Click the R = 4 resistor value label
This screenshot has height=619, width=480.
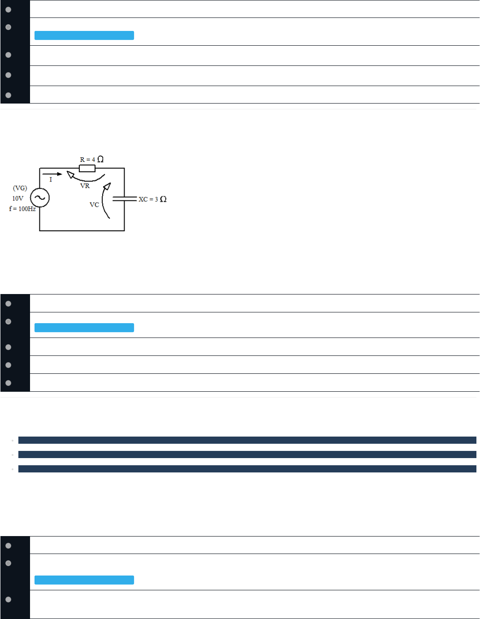tap(87, 160)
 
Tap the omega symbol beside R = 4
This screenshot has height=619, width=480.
tap(100, 159)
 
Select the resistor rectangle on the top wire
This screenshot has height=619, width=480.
tap(87, 169)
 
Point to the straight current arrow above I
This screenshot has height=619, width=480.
tap(52, 174)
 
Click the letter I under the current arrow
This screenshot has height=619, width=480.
tap(51, 179)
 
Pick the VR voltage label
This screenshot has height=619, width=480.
tap(85, 186)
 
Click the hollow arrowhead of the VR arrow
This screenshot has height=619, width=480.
tap(70, 174)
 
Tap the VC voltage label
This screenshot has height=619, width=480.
tap(94, 205)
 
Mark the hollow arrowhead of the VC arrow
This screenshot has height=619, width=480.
tap(107, 186)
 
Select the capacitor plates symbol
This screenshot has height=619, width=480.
tap(125, 199)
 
